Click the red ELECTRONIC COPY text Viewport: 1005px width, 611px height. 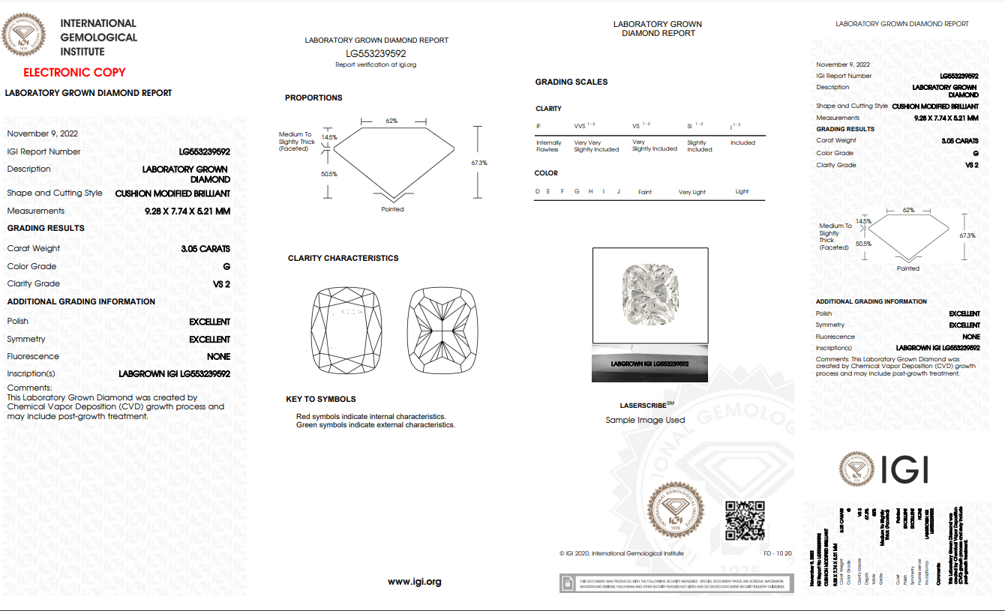coord(74,73)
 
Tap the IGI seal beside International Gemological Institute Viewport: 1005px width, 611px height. coord(25,36)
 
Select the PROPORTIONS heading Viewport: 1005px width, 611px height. coord(313,98)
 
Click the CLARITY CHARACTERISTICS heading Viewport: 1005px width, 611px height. coord(343,259)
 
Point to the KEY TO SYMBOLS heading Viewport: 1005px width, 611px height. coord(321,400)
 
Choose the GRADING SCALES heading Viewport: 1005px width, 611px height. coord(571,82)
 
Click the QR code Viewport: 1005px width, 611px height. coord(745,521)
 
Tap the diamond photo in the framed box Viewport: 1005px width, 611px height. coord(649,295)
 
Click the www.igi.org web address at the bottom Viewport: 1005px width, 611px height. coord(414,582)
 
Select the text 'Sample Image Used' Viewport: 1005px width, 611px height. coord(645,421)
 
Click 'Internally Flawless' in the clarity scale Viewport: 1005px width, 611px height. coord(548,146)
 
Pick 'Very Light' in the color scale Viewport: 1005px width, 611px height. coord(692,193)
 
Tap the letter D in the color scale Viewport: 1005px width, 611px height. coord(537,192)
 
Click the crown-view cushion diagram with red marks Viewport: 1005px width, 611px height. coord(346,327)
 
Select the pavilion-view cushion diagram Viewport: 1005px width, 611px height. coord(442,327)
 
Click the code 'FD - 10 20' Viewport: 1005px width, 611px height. coord(778,554)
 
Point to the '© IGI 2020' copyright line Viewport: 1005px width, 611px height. coord(621,554)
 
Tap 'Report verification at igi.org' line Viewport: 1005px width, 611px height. coord(376,65)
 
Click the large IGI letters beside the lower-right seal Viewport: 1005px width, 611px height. coord(904,469)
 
